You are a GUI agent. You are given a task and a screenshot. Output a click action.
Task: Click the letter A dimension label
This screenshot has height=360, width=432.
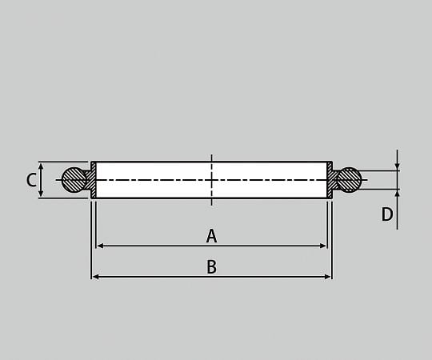(211, 236)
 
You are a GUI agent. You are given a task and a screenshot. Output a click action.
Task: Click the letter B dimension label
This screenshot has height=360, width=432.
(211, 266)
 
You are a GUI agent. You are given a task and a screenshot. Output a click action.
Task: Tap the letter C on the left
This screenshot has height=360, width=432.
(31, 180)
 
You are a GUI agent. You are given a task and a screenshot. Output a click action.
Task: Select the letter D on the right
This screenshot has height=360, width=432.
(387, 214)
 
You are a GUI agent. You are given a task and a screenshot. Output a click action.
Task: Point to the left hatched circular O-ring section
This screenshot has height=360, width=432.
(74, 180)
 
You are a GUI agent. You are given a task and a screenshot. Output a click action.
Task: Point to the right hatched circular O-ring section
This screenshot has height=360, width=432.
(349, 179)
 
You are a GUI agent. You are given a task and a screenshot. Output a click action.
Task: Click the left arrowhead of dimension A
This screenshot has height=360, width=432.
(100, 246)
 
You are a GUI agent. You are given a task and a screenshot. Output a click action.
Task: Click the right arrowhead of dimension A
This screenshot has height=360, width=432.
(323, 246)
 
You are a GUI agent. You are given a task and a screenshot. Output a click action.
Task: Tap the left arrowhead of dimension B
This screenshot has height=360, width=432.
(95, 277)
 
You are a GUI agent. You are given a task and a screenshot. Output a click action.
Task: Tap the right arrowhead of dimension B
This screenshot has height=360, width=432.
(327, 277)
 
